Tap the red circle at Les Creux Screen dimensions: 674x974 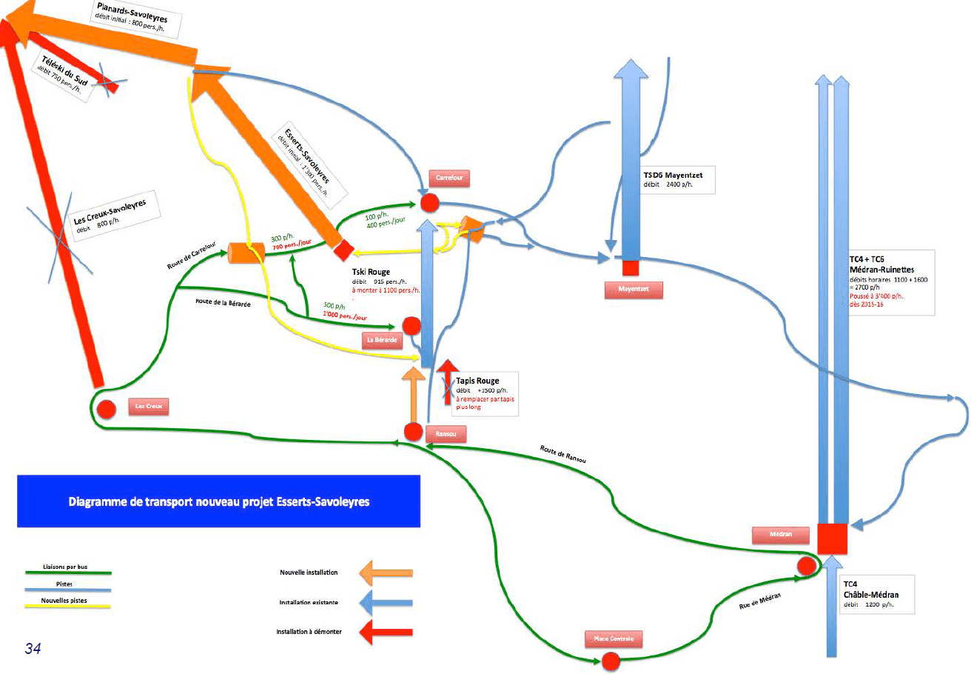106,408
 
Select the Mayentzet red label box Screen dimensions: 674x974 633,290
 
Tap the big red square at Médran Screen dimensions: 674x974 832,538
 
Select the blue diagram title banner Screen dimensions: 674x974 218,501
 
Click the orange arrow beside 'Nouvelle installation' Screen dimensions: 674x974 385,573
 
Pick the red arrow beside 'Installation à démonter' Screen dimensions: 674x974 385,632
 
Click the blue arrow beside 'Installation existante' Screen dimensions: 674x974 385,602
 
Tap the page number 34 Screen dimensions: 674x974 33,649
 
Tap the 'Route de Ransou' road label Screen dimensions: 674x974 562,454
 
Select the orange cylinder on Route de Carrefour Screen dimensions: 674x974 246,253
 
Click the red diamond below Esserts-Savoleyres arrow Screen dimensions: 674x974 343,250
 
